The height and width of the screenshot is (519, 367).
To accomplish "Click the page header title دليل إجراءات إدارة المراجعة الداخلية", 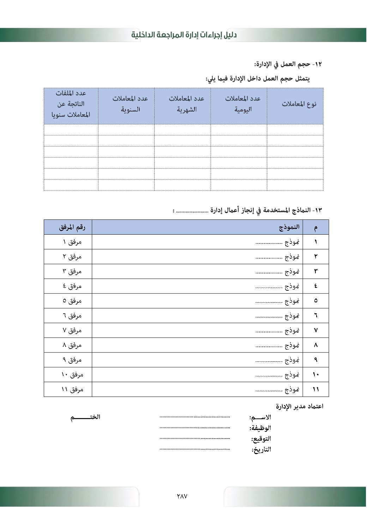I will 184,35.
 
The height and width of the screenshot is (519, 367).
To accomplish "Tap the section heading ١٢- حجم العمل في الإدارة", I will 288,64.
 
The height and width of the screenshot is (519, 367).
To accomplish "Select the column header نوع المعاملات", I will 299,104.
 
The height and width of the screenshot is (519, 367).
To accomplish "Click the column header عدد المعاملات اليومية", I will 243,104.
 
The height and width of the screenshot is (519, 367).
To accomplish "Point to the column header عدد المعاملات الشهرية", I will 186,104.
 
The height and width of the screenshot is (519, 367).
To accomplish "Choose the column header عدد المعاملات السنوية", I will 130,104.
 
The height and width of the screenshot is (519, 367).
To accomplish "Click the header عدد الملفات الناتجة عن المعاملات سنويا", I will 71,104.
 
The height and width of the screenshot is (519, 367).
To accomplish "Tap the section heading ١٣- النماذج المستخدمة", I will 266,210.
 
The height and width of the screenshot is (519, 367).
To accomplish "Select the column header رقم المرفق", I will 72,227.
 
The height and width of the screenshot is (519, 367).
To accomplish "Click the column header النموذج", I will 289,227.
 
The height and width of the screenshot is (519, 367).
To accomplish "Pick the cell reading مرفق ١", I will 72,242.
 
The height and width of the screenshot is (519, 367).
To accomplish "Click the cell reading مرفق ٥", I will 72,301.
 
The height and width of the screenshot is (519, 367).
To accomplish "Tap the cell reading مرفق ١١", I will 72,390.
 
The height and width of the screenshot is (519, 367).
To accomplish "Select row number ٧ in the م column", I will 315,331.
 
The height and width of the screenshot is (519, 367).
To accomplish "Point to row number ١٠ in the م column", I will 315,375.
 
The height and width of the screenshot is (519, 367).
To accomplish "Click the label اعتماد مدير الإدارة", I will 300,406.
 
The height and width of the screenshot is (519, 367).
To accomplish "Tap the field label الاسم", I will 260,417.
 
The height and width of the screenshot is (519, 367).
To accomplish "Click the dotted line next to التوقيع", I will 194,439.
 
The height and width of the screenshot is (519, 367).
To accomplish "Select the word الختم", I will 85,417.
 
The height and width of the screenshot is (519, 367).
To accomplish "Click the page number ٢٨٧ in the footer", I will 182,496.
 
